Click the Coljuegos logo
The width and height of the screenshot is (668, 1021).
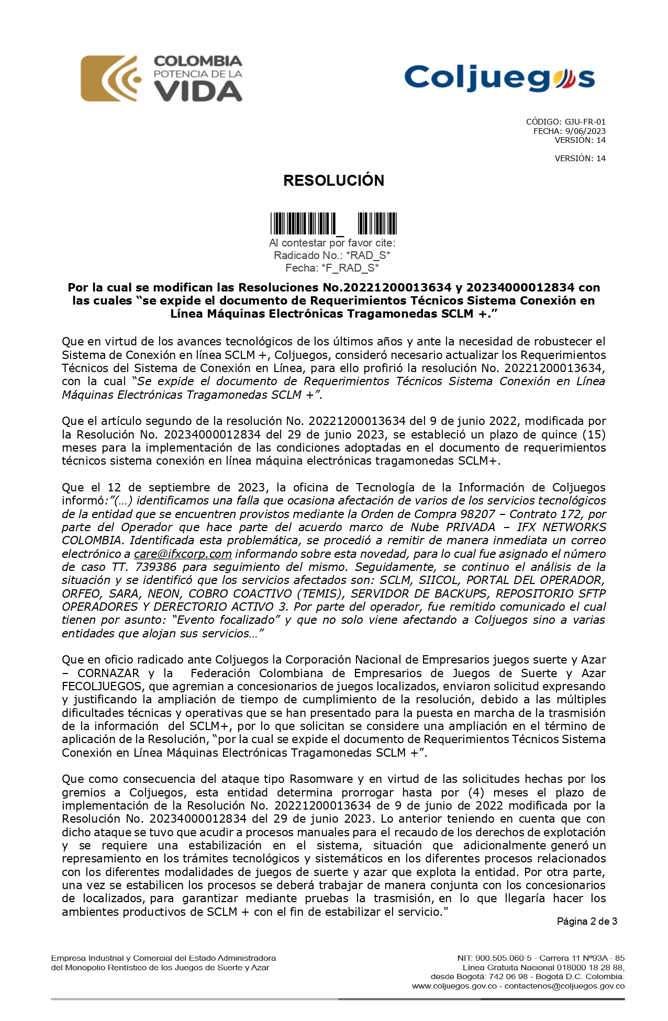coord(499,77)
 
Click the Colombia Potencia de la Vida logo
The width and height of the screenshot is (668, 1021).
coord(161,78)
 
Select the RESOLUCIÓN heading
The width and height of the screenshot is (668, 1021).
coord(333,181)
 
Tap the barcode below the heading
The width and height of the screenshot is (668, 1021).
coord(333,223)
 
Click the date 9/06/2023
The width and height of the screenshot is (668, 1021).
coord(585,131)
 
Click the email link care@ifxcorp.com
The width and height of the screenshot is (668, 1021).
coord(183,554)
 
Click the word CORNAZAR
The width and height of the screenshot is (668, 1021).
coord(108,673)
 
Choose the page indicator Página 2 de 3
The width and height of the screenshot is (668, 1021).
coord(586,922)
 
